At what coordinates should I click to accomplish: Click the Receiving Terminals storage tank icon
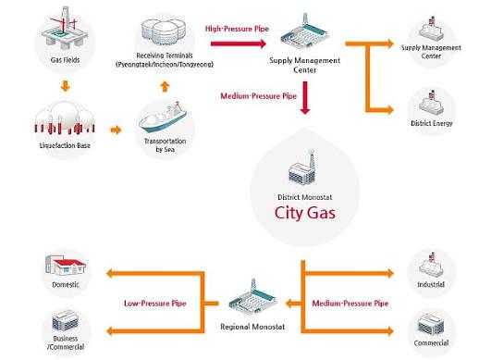164,31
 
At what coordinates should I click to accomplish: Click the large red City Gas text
306,212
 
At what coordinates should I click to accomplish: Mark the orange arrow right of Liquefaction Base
116,129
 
